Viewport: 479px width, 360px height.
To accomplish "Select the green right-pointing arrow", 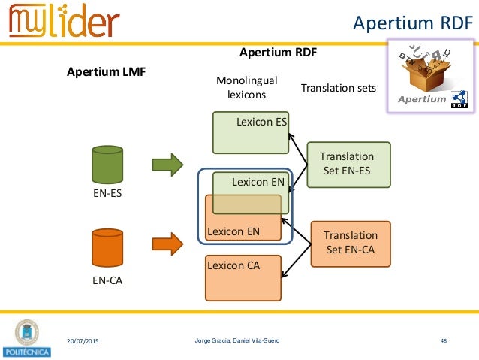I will pyautogui.click(x=167, y=164).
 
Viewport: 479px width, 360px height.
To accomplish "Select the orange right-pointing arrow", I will pyautogui.click(x=167, y=244).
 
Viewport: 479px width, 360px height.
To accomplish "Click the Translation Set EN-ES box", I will pyautogui.click(x=348, y=164).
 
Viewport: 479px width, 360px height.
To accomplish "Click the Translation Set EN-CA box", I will pyautogui.click(x=351, y=243).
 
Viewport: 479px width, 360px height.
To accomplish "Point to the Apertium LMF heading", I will pyautogui.click(x=106, y=72).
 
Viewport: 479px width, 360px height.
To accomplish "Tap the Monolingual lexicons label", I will pyautogui.click(x=246, y=87).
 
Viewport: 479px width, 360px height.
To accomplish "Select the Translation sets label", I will pyautogui.click(x=338, y=88).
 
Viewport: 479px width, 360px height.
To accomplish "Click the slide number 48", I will pyautogui.click(x=444, y=342).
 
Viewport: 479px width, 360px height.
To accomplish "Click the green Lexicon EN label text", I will pyautogui.click(x=258, y=182).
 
